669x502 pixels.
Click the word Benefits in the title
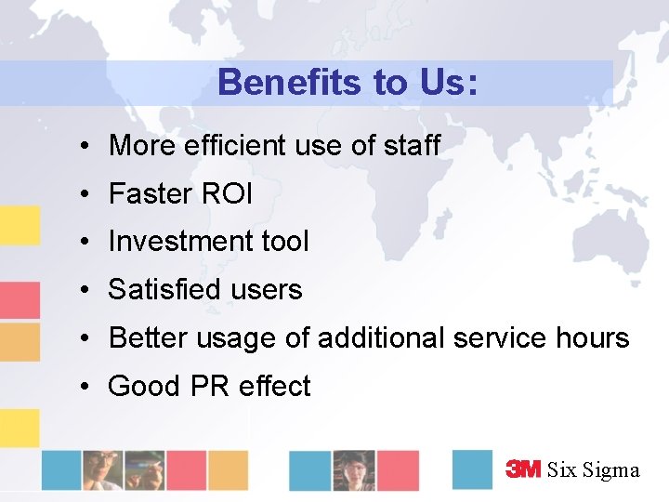click(289, 83)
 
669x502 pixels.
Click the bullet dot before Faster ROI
click(84, 194)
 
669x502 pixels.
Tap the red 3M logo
click(523, 469)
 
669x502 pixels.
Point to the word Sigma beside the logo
click(611, 470)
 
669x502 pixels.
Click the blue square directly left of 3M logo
click(472, 469)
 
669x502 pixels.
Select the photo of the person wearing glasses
click(354, 469)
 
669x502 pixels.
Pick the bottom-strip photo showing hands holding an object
click(143, 469)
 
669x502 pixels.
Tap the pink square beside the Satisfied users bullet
click(20, 300)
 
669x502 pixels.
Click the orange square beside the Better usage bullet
click(20, 342)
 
